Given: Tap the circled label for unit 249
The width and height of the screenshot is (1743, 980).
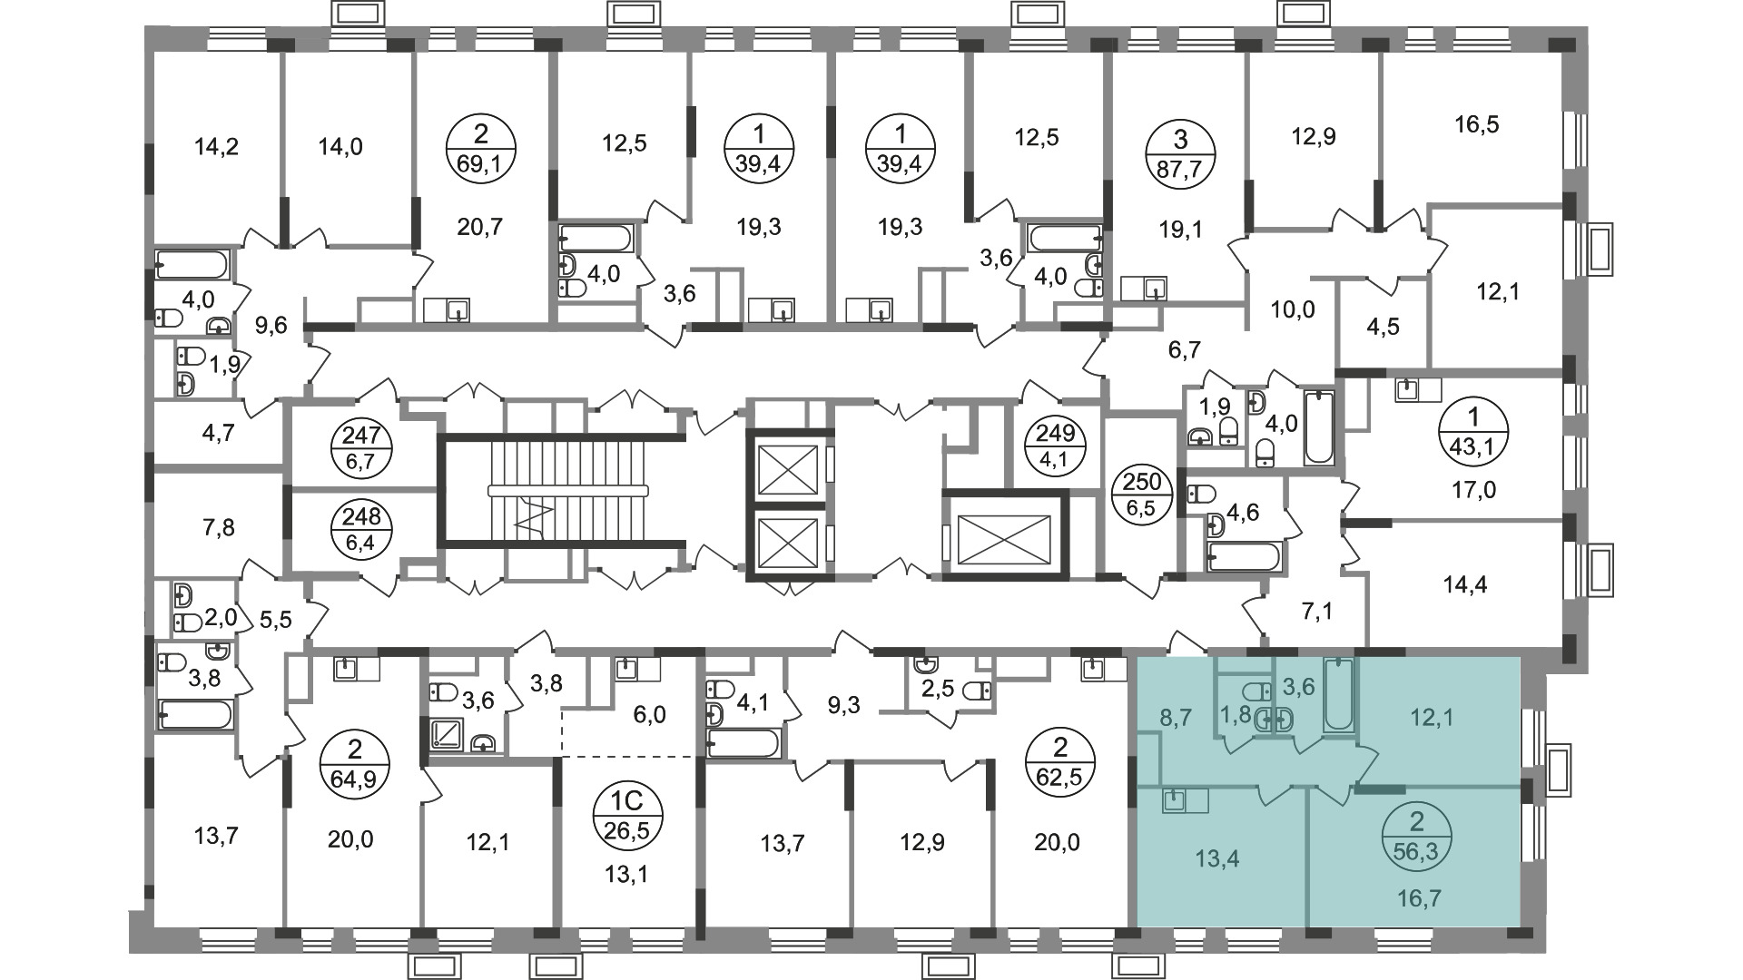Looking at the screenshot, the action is click(1055, 446).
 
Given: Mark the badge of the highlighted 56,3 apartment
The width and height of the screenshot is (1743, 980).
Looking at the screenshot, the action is click(1416, 836).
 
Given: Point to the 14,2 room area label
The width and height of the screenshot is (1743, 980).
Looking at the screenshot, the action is click(217, 146).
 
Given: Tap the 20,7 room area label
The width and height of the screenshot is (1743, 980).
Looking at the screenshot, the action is click(480, 227).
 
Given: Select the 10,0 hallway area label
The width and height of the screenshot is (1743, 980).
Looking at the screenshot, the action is click(1292, 310).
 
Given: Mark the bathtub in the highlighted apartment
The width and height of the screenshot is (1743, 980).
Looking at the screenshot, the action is click(1338, 697).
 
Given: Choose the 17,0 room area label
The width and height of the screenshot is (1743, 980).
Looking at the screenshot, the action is click(1473, 491).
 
